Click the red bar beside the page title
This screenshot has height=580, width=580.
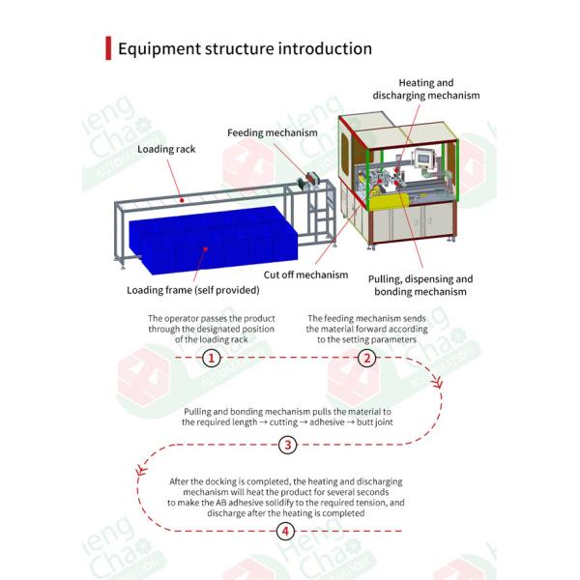[108, 48]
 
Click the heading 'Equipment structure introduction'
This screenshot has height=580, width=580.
[245, 48]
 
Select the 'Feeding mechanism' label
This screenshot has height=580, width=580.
[269, 132]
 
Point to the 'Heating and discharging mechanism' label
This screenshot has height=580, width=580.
[426, 90]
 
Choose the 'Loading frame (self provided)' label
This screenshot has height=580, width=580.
[193, 289]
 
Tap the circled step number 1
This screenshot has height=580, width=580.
[213, 358]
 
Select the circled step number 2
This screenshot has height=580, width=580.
[367, 358]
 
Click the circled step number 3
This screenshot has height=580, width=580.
[287, 446]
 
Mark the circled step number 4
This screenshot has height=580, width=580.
[287, 532]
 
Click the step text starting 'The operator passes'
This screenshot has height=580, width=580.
[212, 329]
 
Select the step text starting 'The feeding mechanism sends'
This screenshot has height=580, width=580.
[367, 329]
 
